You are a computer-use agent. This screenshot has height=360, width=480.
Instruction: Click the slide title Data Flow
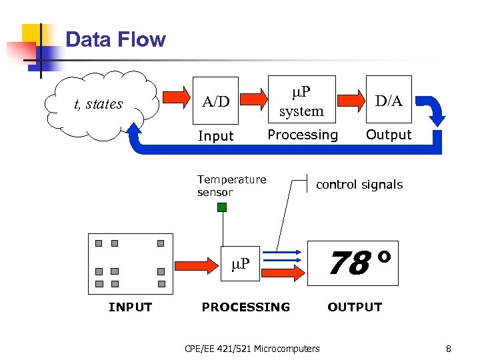[115, 39]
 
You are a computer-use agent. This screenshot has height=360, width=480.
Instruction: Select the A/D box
[216, 101]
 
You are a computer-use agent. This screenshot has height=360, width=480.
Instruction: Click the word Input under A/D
[216, 136]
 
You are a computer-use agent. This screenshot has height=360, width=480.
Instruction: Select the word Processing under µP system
[303, 135]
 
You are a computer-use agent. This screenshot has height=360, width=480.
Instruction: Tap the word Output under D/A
[389, 135]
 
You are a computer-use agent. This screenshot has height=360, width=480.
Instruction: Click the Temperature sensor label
[231, 185]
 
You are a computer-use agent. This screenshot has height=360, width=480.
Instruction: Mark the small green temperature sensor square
[222, 207]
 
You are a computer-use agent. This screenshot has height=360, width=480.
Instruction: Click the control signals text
[359, 185]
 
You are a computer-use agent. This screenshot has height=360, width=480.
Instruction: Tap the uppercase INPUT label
[130, 307]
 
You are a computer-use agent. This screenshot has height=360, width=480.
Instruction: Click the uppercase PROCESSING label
[246, 307]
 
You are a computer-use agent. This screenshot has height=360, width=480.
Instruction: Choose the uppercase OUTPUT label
[355, 307]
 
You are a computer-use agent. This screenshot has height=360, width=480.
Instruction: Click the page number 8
[448, 348]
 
